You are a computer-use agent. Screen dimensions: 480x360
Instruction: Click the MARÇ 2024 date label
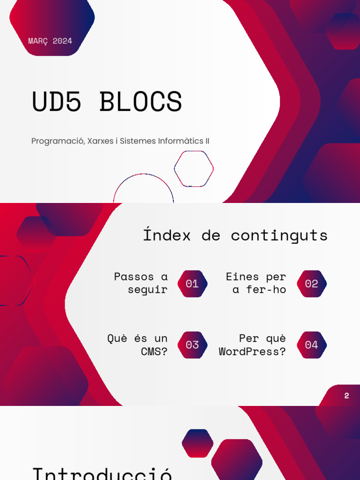click(x=50, y=41)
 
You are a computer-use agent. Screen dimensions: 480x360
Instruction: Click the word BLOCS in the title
click(x=141, y=102)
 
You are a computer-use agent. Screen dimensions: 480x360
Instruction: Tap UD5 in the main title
click(x=57, y=102)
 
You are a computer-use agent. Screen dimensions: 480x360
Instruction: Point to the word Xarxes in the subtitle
click(x=100, y=141)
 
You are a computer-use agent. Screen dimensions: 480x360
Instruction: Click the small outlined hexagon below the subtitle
click(x=194, y=169)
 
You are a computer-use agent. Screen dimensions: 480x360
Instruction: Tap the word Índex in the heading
click(x=167, y=235)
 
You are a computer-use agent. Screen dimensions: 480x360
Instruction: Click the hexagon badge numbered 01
click(x=192, y=284)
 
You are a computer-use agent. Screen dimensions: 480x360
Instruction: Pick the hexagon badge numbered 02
click(x=312, y=284)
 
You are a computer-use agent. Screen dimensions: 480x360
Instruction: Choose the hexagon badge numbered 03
click(x=192, y=345)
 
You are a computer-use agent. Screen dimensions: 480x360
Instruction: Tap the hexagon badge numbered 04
click(x=312, y=345)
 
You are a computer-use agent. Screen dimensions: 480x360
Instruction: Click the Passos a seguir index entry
click(x=141, y=283)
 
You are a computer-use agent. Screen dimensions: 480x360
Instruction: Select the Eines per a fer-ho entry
click(x=256, y=283)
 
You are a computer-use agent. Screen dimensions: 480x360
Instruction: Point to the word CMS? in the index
click(x=154, y=352)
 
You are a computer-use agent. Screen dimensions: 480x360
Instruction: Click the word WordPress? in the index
click(x=252, y=352)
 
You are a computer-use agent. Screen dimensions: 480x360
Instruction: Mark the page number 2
click(x=346, y=396)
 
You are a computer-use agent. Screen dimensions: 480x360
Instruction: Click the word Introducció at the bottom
click(x=102, y=472)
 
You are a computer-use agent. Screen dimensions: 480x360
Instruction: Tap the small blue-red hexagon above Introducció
click(x=197, y=443)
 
